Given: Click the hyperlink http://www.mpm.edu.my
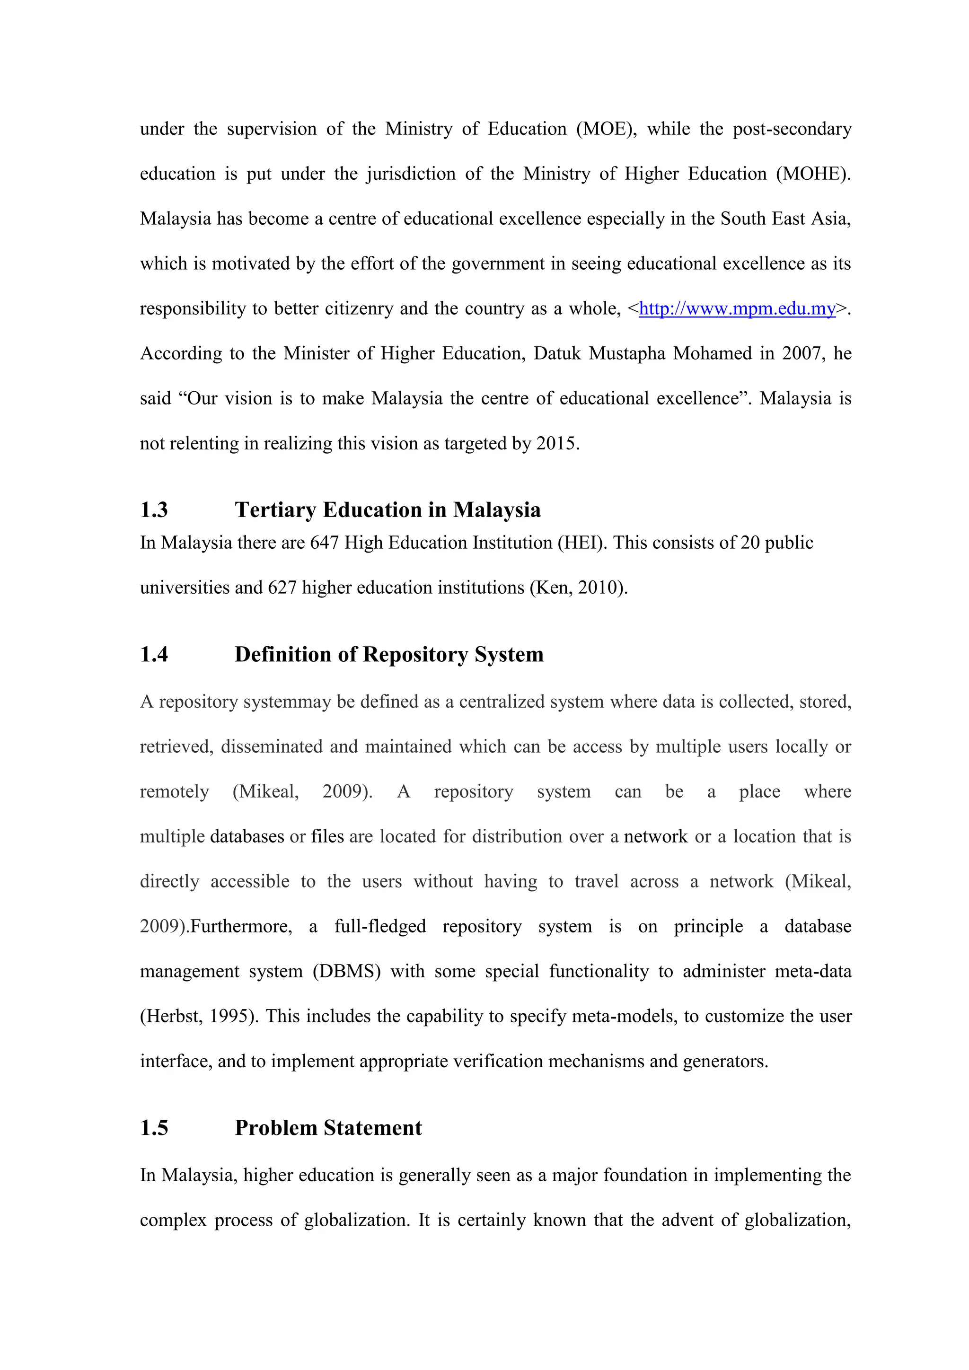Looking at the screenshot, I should (x=737, y=308).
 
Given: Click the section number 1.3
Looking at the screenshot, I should (x=154, y=509).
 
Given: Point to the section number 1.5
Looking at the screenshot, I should (x=154, y=1128).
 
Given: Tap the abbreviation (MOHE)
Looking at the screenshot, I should (x=813, y=174).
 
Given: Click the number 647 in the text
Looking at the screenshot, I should (x=325, y=543).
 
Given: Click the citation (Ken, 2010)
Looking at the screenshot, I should (x=578, y=587).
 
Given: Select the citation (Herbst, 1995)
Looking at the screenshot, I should (x=199, y=1016).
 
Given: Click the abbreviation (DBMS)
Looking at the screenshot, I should (x=347, y=971).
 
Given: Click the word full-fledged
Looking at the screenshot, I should (x=380, y=926).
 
